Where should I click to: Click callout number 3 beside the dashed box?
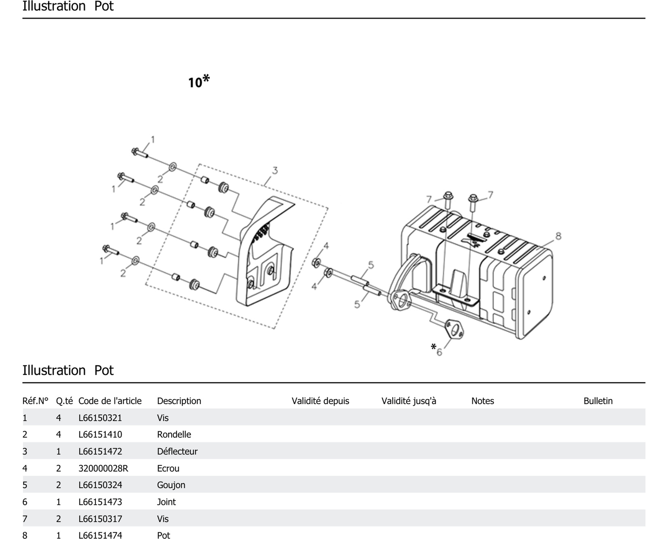275,171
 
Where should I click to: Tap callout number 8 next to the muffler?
558,236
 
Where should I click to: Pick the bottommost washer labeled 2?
135,260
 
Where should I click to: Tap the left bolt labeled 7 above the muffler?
448,199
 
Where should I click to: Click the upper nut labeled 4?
316,263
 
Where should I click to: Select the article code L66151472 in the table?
100,451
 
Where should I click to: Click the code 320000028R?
103,468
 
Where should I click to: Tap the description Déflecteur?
177,451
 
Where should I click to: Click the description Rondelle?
174,434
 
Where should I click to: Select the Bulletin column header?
598,401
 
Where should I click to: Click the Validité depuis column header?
320,401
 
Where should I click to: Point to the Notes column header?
482,401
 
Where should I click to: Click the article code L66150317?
100,519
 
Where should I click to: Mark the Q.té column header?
64,401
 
